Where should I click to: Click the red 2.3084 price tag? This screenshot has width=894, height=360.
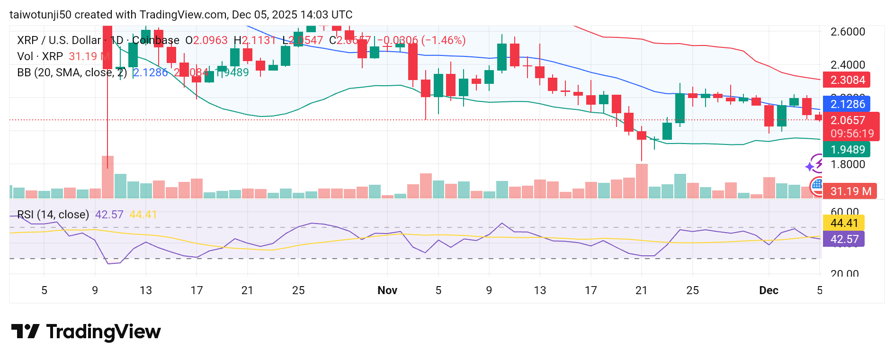point(847,80)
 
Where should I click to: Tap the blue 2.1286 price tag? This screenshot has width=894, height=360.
point(847,104)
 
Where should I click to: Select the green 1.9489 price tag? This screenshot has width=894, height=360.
point(847,150)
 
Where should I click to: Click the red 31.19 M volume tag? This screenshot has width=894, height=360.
point(850,191)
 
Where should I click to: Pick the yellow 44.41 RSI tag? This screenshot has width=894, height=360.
point(844,223)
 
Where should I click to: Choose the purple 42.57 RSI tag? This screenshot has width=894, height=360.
point(844,239)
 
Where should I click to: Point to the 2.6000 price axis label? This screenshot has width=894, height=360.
point(848,32)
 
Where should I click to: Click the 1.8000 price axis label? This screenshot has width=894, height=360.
point(848,164)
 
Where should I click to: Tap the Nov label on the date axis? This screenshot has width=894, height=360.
point(387,290)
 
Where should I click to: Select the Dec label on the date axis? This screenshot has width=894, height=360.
point(769,290)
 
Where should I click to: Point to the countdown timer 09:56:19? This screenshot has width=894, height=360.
point(852,134)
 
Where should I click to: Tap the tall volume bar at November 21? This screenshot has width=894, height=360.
point(642,181)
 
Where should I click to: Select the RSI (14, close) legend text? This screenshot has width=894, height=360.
point(53,215)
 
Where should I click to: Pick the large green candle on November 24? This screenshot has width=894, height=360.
point(680,108)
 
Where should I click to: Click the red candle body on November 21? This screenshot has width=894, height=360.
point(642,135)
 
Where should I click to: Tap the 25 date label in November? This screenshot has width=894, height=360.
point(692,290)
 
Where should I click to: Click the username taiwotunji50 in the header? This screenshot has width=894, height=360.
point(40,15)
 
